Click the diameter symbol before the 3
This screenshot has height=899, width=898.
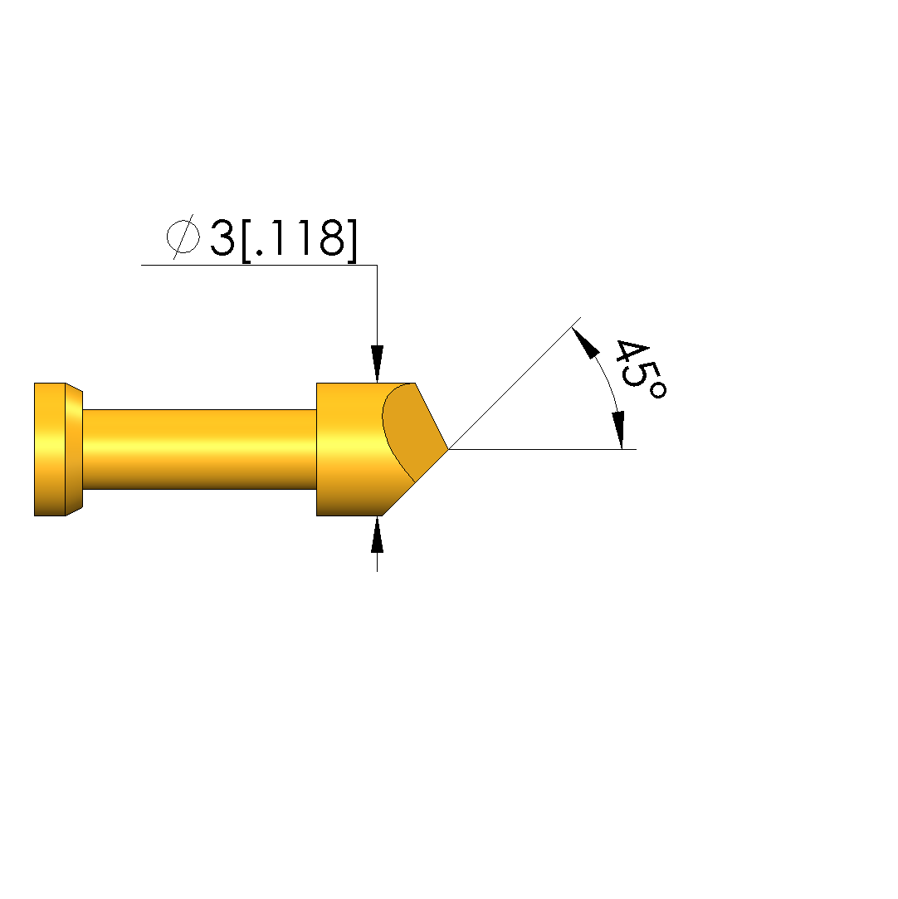pos(183,237)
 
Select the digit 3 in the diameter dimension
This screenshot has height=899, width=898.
pos(222,237)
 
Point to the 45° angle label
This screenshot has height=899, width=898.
pos(641,369)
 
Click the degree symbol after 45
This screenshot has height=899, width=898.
pos(658,391)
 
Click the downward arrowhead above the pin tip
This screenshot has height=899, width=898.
pos(377,364)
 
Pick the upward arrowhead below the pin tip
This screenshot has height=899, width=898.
pos(377,535)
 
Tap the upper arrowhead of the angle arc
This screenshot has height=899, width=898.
pos(585,342)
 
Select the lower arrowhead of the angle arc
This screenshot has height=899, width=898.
pos(618,430)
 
